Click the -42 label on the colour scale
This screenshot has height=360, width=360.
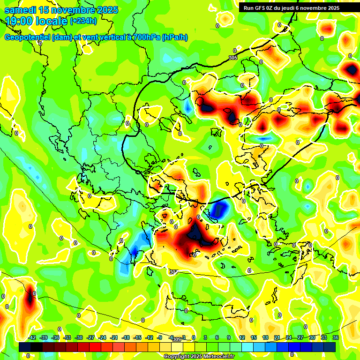click(32, 337)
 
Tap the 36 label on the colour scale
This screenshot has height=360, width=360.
click(335, 337)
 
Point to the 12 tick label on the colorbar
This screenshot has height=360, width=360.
click(242, 337)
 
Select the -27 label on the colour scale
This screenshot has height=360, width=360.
click(90, 337)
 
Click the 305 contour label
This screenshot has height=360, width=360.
click(233, 58)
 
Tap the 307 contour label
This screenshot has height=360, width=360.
click(173, 272)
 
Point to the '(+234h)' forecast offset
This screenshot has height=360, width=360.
click(83, 21)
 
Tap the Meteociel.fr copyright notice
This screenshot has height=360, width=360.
click(199, 356)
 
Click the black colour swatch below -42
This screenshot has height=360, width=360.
click(25, 347)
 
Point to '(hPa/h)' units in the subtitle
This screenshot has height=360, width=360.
click(174, 37)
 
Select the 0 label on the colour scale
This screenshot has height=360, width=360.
click(193, 337)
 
